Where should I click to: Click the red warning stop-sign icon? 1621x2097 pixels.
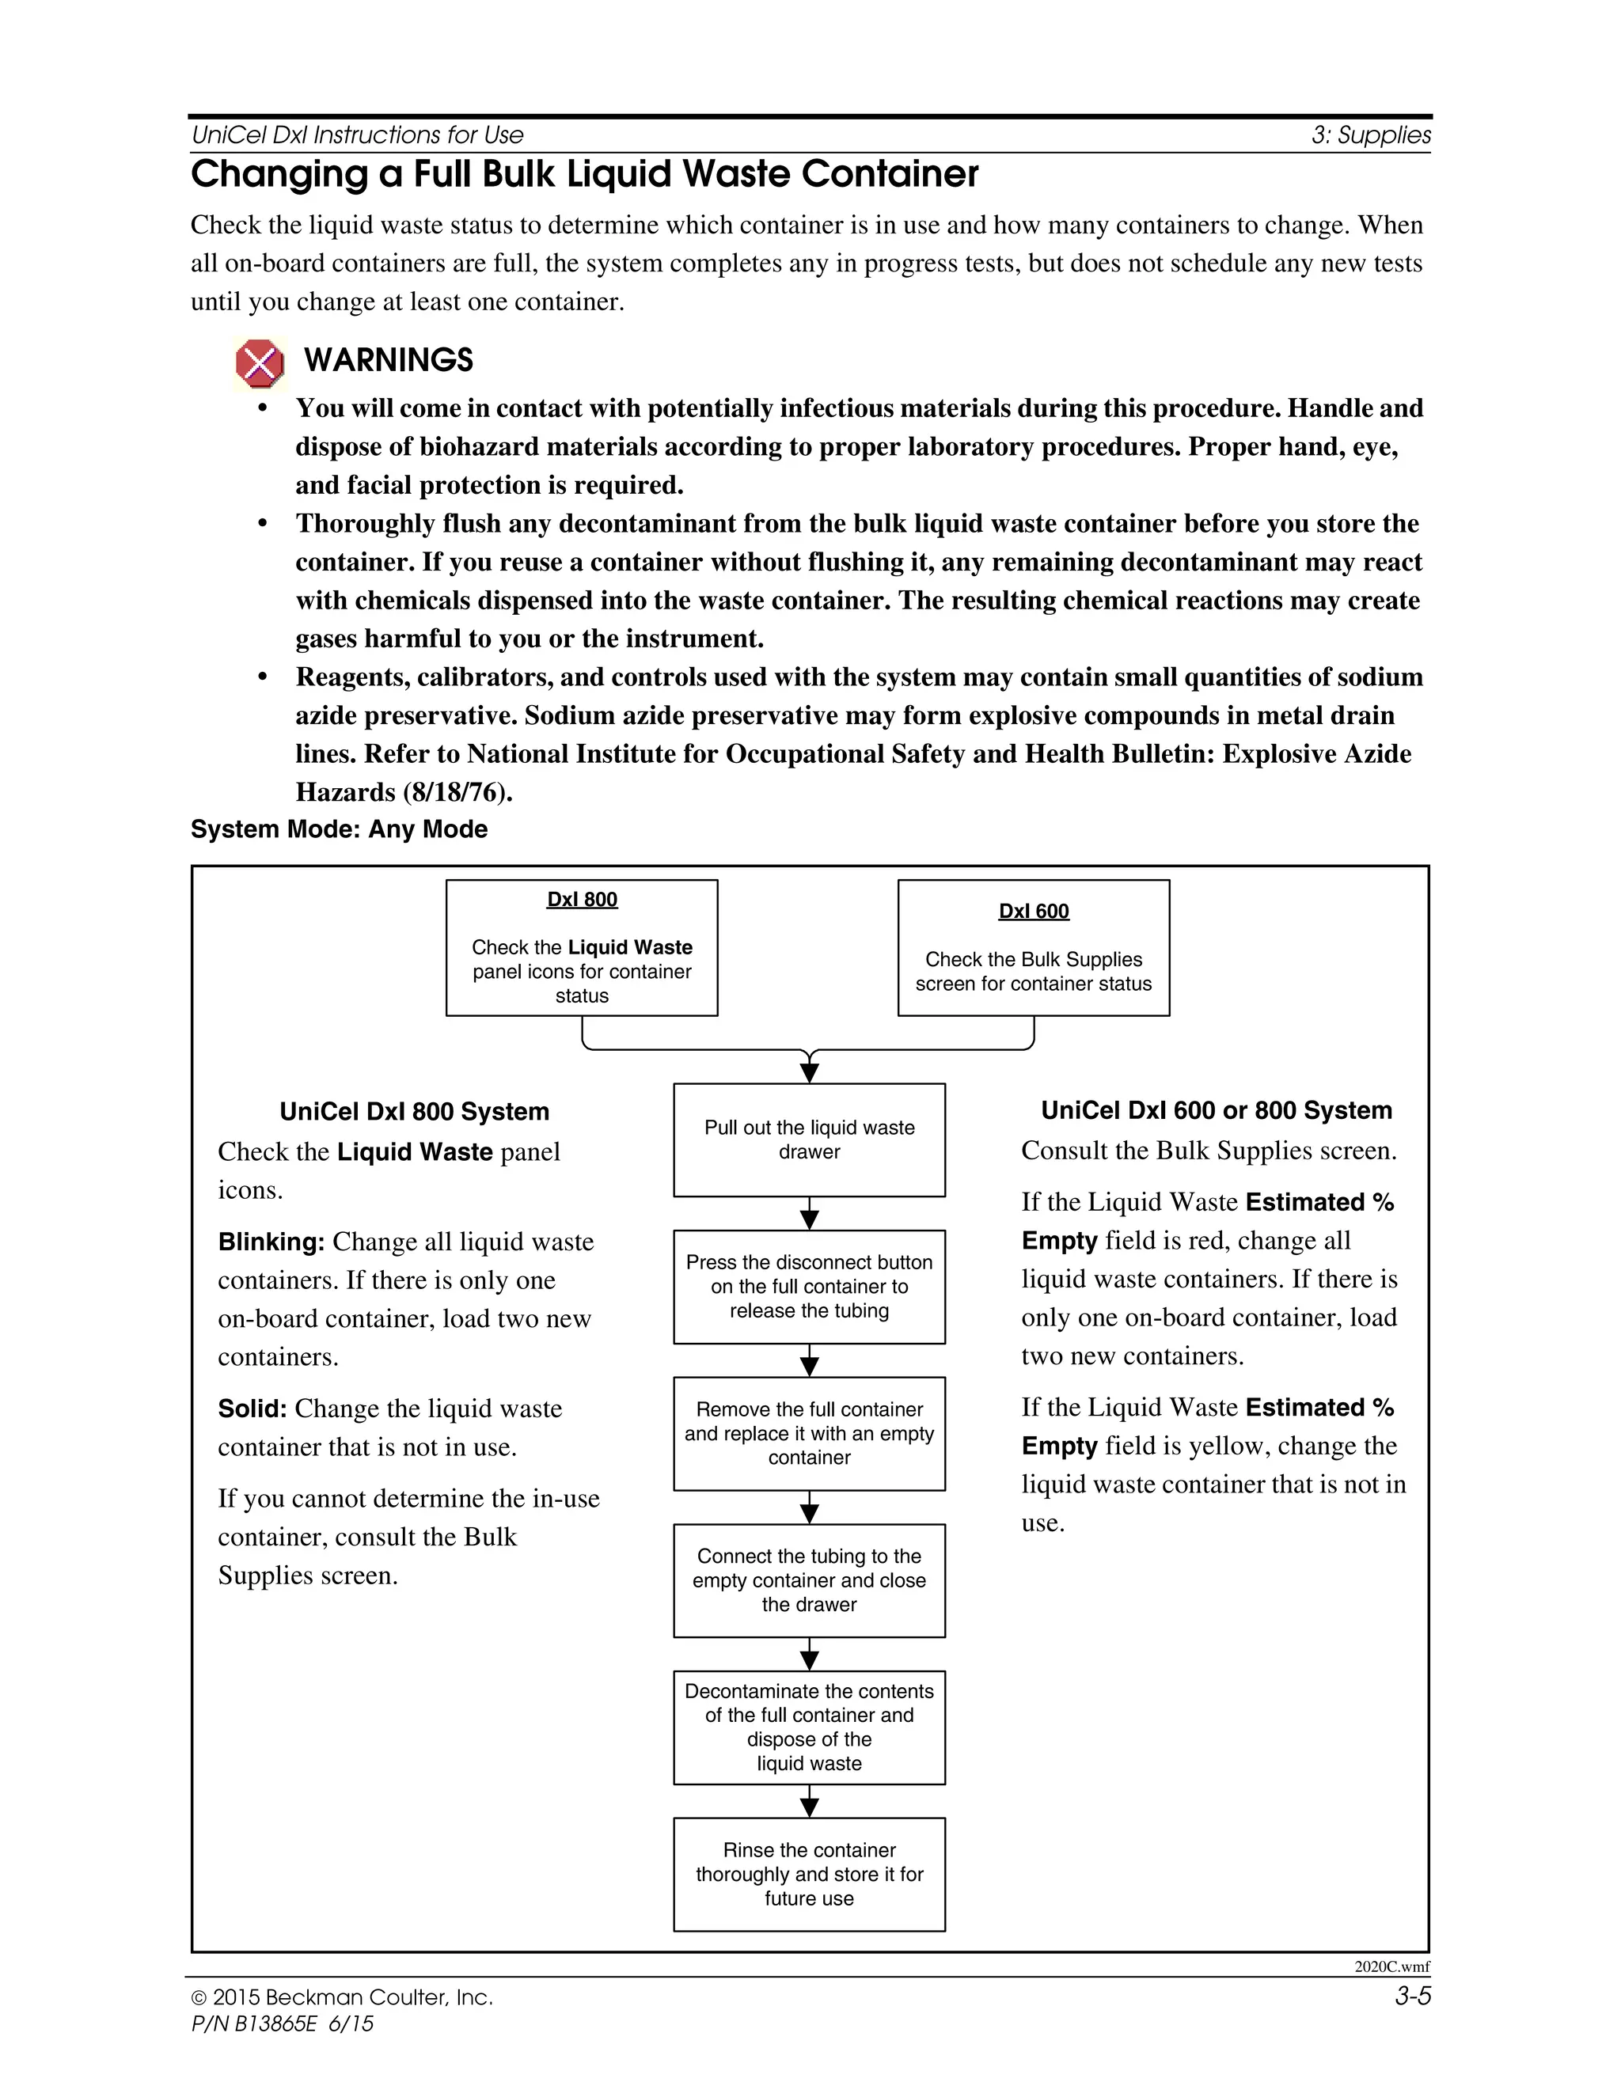pyautogui.click(x=260, y=364)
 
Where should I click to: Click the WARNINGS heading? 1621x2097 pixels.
pyautogui.click(x=388, y=360)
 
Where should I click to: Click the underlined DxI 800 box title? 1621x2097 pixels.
pyautogui.click(x=582, y=900)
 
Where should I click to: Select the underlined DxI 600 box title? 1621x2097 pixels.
pyautogui.click(x=1033, y=911)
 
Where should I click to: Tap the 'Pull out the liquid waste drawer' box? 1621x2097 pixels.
pyautogui.click(x=809, y=1140)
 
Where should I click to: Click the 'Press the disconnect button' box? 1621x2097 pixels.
pyautogui.click(x=809, y=1287)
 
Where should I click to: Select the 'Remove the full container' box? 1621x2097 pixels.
pyautogui.click(x=809, y=1434)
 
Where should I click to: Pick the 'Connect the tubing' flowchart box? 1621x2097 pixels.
pyautogui.click(x=809, y=1580)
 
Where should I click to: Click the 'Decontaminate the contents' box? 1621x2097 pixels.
pyautogui.click(x=809, y=1727)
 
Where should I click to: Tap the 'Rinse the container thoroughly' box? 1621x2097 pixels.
pyautogui.click(x=809, y=1874)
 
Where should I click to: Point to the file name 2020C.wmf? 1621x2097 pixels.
pyautogui.click(x=1391, y=1966)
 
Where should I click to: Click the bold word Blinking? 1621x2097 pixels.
pyautogui.click(x=271, y=1242)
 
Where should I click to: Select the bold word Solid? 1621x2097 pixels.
pyautogui.click(x=252, y=1409)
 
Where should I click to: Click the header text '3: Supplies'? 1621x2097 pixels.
pyautogui.click(x=1370, y=135)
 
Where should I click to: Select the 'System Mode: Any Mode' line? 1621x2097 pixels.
pyautogui.click(x=339, y=829)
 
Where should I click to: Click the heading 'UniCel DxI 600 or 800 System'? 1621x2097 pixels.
pyautogui.click(x=1216, y=1111)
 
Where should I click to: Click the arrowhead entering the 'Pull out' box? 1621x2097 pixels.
pyautogui.click(x=810, y=1074)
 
